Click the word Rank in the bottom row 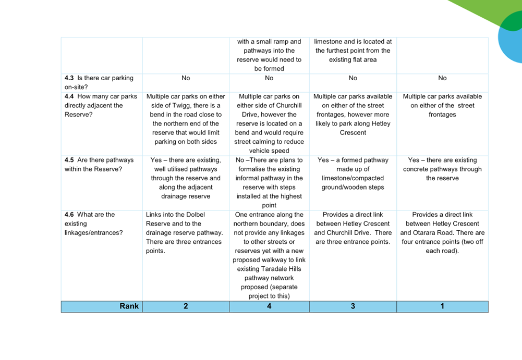pos(129,306)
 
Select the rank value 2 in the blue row pos(186,306)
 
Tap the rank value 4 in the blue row pos(269,306)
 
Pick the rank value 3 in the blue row pos(353,306)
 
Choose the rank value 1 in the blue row pos(442,306)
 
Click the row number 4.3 pos(69,78)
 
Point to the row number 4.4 pos(69,96)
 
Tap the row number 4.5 pos(69,160)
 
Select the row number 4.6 pos(69,215)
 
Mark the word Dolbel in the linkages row pos(196,215)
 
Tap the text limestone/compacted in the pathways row pos(353,178)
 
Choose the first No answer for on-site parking pos(186,78)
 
